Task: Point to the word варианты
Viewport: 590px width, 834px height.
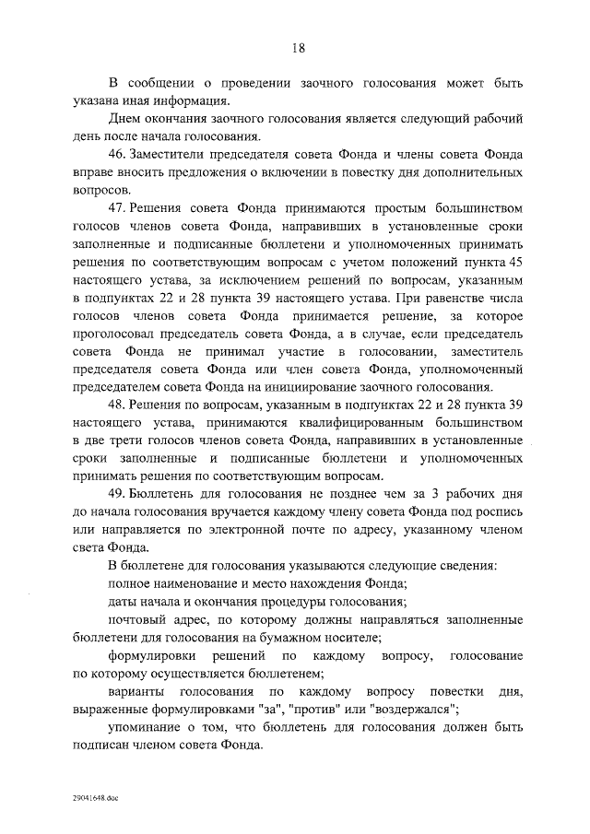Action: click(x=137, y=690)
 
